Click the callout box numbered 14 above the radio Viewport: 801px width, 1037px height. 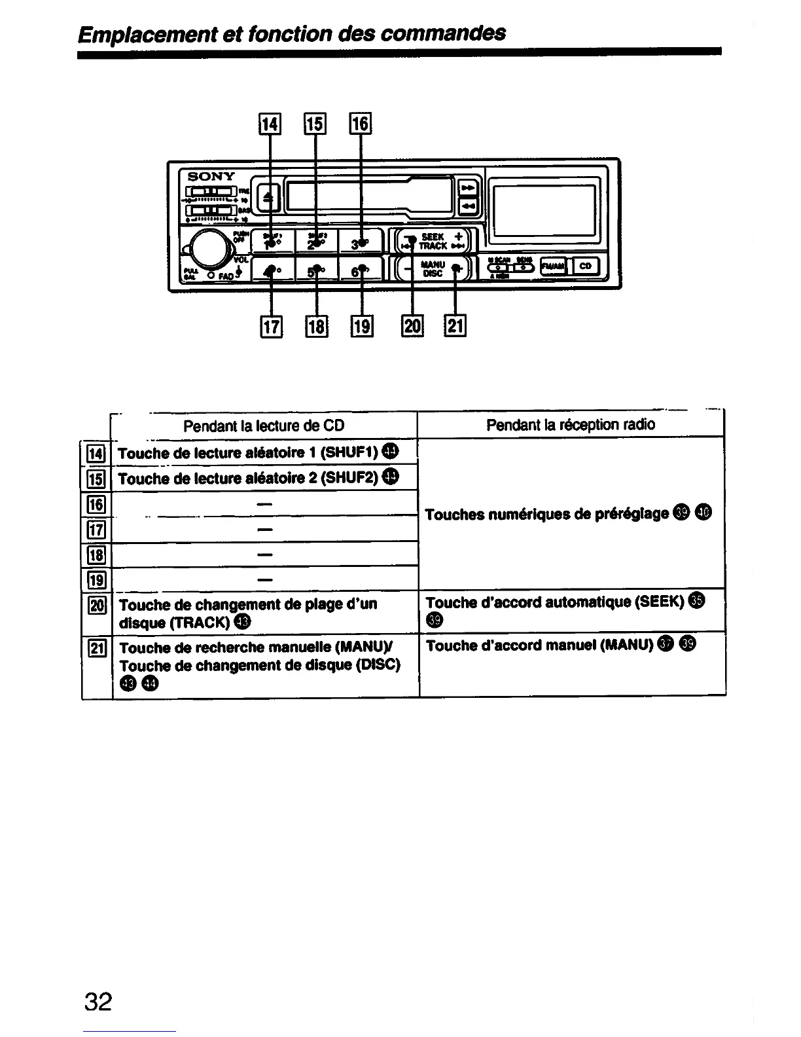[270, 123]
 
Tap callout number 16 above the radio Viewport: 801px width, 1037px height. [361, 123]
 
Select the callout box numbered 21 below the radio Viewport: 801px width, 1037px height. [455, 325]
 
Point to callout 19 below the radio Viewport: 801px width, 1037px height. [362, 325]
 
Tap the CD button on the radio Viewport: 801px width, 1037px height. [585, 266]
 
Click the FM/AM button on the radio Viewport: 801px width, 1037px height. [554, 266]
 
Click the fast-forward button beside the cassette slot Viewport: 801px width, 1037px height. [469, 188]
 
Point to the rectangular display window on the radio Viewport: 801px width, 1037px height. [544, 210]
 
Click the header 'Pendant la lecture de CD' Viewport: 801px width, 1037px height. [264, 426]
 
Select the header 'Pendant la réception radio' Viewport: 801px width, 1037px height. [571, 425]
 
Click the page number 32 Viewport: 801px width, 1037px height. [98, 1001]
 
